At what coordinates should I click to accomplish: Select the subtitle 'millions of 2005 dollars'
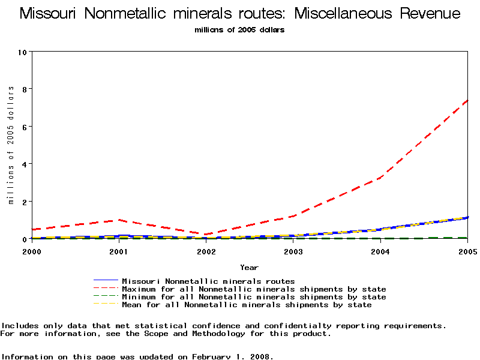tap(239, 29)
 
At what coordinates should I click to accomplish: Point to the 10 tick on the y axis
tap(23, 52)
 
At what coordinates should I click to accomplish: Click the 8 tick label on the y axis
tap(23, 89)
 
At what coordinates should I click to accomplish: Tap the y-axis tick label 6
tap(23, 127)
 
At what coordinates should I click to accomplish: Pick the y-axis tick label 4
tap(23, 164)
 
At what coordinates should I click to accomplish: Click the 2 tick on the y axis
tap(23, 202)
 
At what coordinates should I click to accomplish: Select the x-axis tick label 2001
tap(119, 251)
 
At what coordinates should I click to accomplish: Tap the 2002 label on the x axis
tap(206, 251)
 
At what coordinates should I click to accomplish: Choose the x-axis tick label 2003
tap(293, 251)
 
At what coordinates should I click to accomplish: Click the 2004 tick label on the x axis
tap(380, 251)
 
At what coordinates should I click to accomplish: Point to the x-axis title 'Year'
tap(249, 267)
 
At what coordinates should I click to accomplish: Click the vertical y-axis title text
tap(11, 145)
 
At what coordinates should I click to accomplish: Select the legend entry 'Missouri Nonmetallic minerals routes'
tap(208, 281)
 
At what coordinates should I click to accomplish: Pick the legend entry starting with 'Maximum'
tap(254, 289)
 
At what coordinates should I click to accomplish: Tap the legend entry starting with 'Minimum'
tap(254, 297)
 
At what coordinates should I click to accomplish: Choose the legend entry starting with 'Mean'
tap(247, 305)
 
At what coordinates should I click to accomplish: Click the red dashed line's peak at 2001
tap(119, 220)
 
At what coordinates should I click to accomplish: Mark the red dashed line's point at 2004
tap(380, 178)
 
